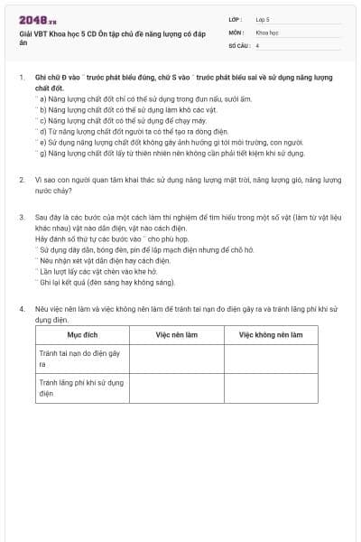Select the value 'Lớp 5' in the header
point(263,18)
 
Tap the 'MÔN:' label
point(236,32)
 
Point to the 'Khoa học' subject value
point(266,32)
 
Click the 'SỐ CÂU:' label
point(239,44)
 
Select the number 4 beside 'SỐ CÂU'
point(258,44)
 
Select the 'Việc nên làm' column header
point(176,334)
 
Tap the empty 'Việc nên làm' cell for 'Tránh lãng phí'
point(176,389)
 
